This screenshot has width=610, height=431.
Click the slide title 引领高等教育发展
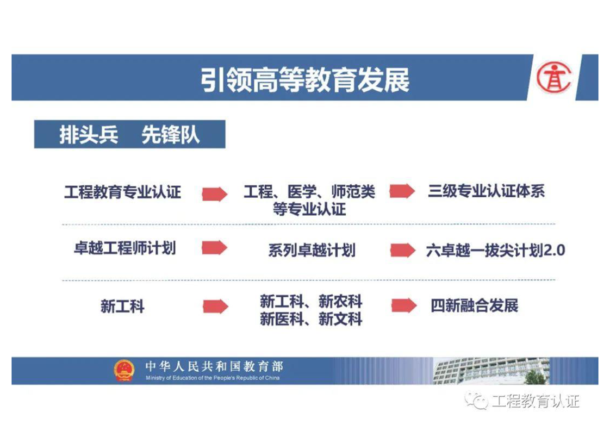[x=305, y=80]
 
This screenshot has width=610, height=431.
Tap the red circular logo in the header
[x=553, y=78]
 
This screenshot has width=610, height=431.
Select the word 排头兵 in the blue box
[x=89, y=135]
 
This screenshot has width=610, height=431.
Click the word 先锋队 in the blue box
[x=170, y=135]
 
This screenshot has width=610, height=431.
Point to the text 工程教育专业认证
[x=122, y=192]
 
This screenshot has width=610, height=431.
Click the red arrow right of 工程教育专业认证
[x=215, y=193]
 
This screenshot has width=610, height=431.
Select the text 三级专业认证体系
[x=486, y=191]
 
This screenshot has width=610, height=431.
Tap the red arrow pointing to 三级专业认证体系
[x=402, y=191]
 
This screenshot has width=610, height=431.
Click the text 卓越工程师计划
[x=125, y=248]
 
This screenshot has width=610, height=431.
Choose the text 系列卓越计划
[x=312, y=250]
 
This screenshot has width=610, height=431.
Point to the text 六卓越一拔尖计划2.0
[x=496, y=251]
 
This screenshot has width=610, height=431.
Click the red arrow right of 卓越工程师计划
[x=214, y=247]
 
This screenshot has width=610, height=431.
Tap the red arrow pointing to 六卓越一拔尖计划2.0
[x=403, y=250]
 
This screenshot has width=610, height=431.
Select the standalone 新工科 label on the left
[x=122, y=307]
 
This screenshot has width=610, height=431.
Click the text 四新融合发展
[x=475, y=306]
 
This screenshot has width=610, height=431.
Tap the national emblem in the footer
[x=124, y=370]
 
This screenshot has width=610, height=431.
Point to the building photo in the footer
[x=491, y=371]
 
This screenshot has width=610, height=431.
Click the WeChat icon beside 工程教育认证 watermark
[x=477, y=401]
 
